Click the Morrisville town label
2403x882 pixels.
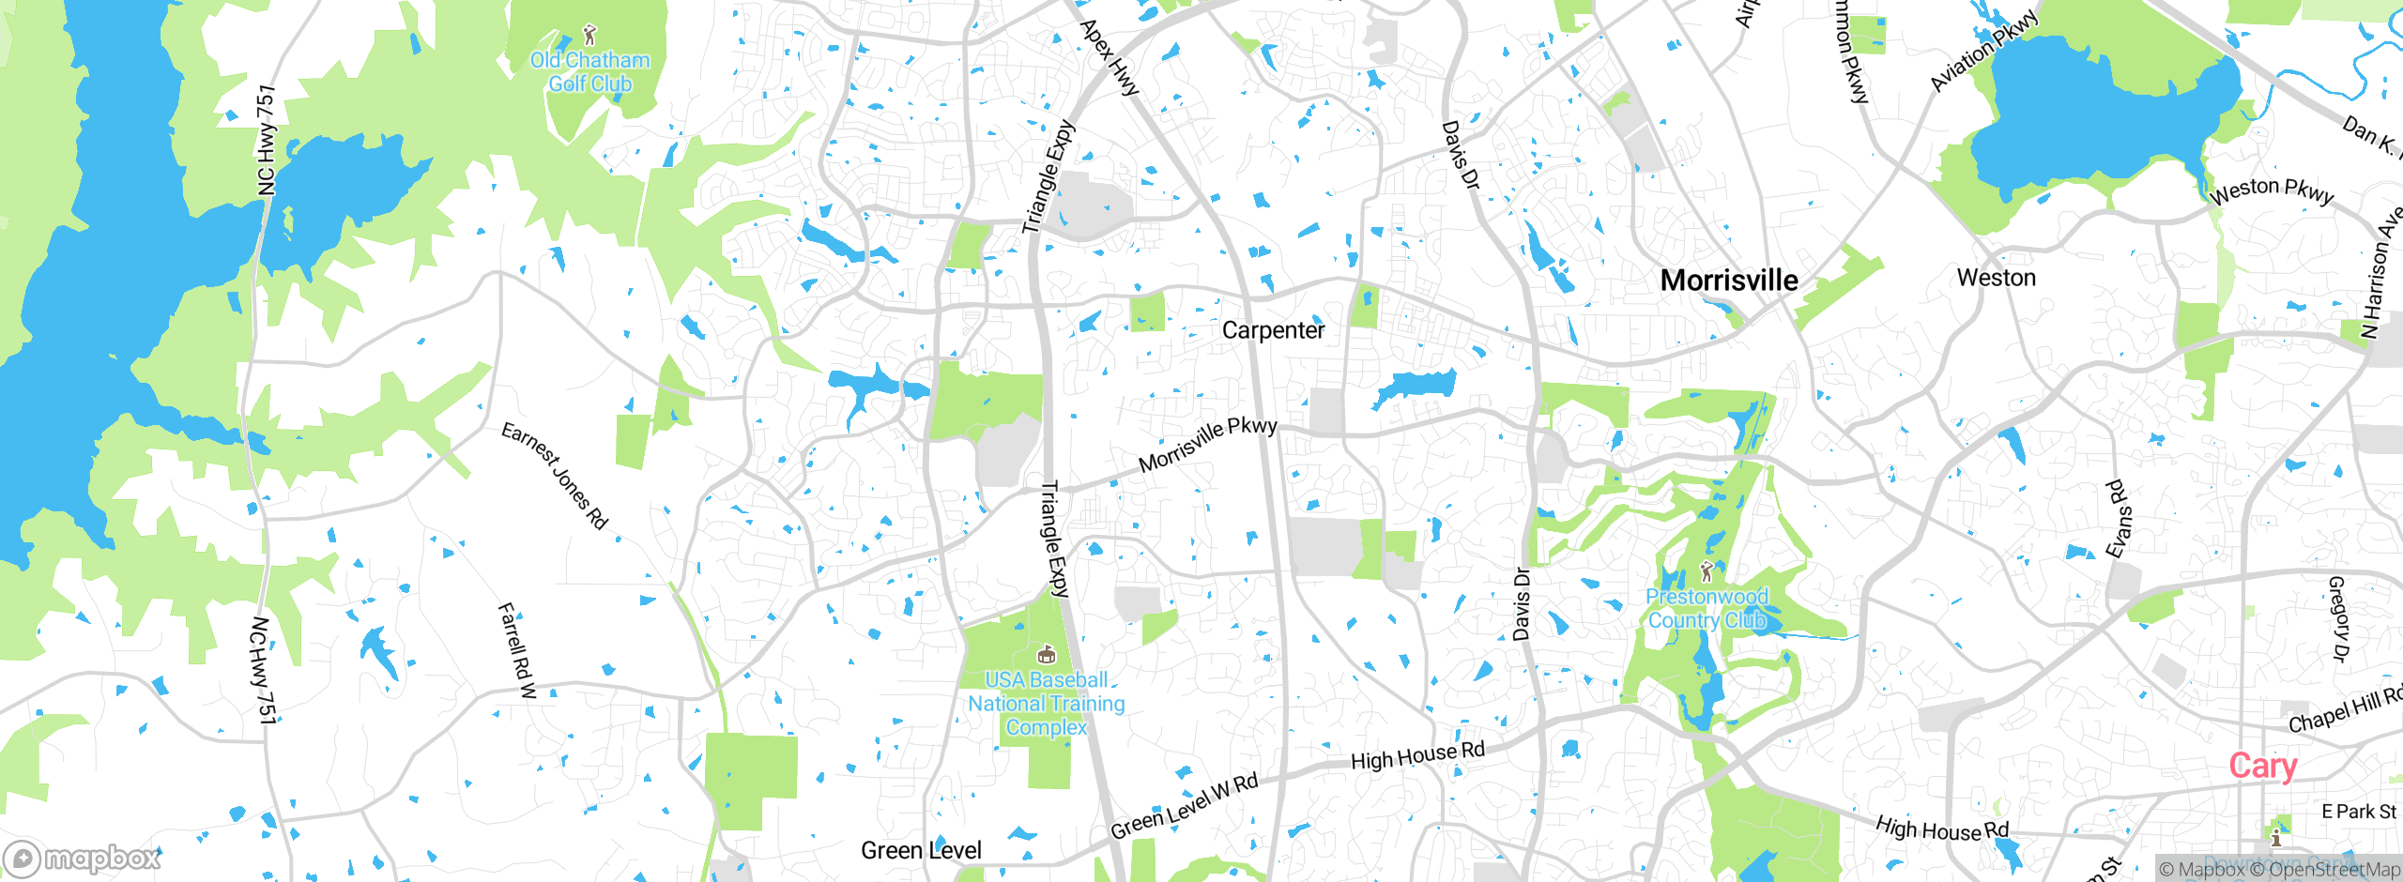click(1729, 280)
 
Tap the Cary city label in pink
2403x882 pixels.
click(2262, 766)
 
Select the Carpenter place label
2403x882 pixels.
click(1273, 330)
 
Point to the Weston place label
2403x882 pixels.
click(1996, 278)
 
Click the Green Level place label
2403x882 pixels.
click(921, 850)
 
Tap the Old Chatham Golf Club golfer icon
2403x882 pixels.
click(589, 36)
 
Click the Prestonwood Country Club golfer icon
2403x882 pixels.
click(1707, 570)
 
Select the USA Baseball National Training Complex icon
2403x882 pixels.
click(1046, 655)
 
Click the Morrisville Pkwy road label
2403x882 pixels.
click(1207, 444)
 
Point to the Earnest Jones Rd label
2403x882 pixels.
click(555, 475)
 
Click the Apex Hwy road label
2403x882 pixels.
click(1110, 57)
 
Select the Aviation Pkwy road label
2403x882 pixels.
click(1983, 51)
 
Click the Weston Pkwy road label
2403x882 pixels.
click(2271, 191)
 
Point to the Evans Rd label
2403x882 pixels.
click(2119, 519)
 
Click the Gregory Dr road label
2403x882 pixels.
click(2338, 619)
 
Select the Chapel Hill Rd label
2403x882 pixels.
click(2344, 709)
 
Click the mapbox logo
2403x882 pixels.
click(83, 858)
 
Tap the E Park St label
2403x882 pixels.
click(2358, 812)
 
